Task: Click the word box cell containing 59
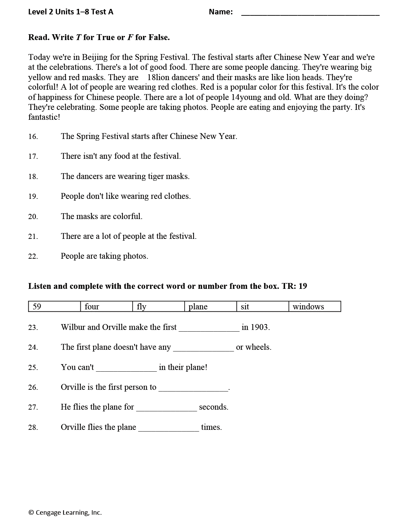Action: click(x=54, y=307)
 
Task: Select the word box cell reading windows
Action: click(x=315, y=307)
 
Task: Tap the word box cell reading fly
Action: click(x=158, y=307)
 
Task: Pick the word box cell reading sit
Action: click(x=262, y=307)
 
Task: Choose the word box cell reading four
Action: click(x=106, y=307)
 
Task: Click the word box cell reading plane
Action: click(x=210, y=307)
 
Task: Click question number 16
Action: click(x=33, y=137)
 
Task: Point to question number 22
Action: click(x=33, y=257)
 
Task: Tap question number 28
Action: click(x=33, y=428)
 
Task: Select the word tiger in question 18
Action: click(x=156, y=177)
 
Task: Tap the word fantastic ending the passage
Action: click(x=44, y=117)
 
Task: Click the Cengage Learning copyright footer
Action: click(x=65, y=512)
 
